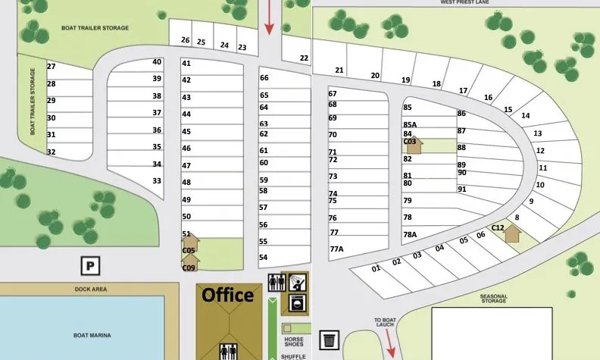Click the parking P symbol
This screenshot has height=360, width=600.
pyautogui.click(x=90, y=265)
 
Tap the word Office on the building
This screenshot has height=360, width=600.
pyautogui.click(x=227, y=295)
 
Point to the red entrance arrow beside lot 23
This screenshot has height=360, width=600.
pyautogui.click(x=268, y=17)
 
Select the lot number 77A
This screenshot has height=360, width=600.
pyautogui.click(x=336, y=249)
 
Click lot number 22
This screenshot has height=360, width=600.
pyautogui.click(x=304, y=58)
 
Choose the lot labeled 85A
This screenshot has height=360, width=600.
pyautogui.click(x=410, y=124)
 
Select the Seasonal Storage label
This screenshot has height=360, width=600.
pyautogui.click(x=492, y=299)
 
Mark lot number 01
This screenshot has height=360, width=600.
pyautogui.click(x=376, y=268)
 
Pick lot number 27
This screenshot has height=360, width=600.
pyautogui.click(x=52, y=66)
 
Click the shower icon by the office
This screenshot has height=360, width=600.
pyautogui.click(x=298, y=282)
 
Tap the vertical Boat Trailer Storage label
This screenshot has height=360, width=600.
pyautogui.click(x=33, y=102)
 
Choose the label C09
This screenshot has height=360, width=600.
pyautogui.click(x=189, y=268)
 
